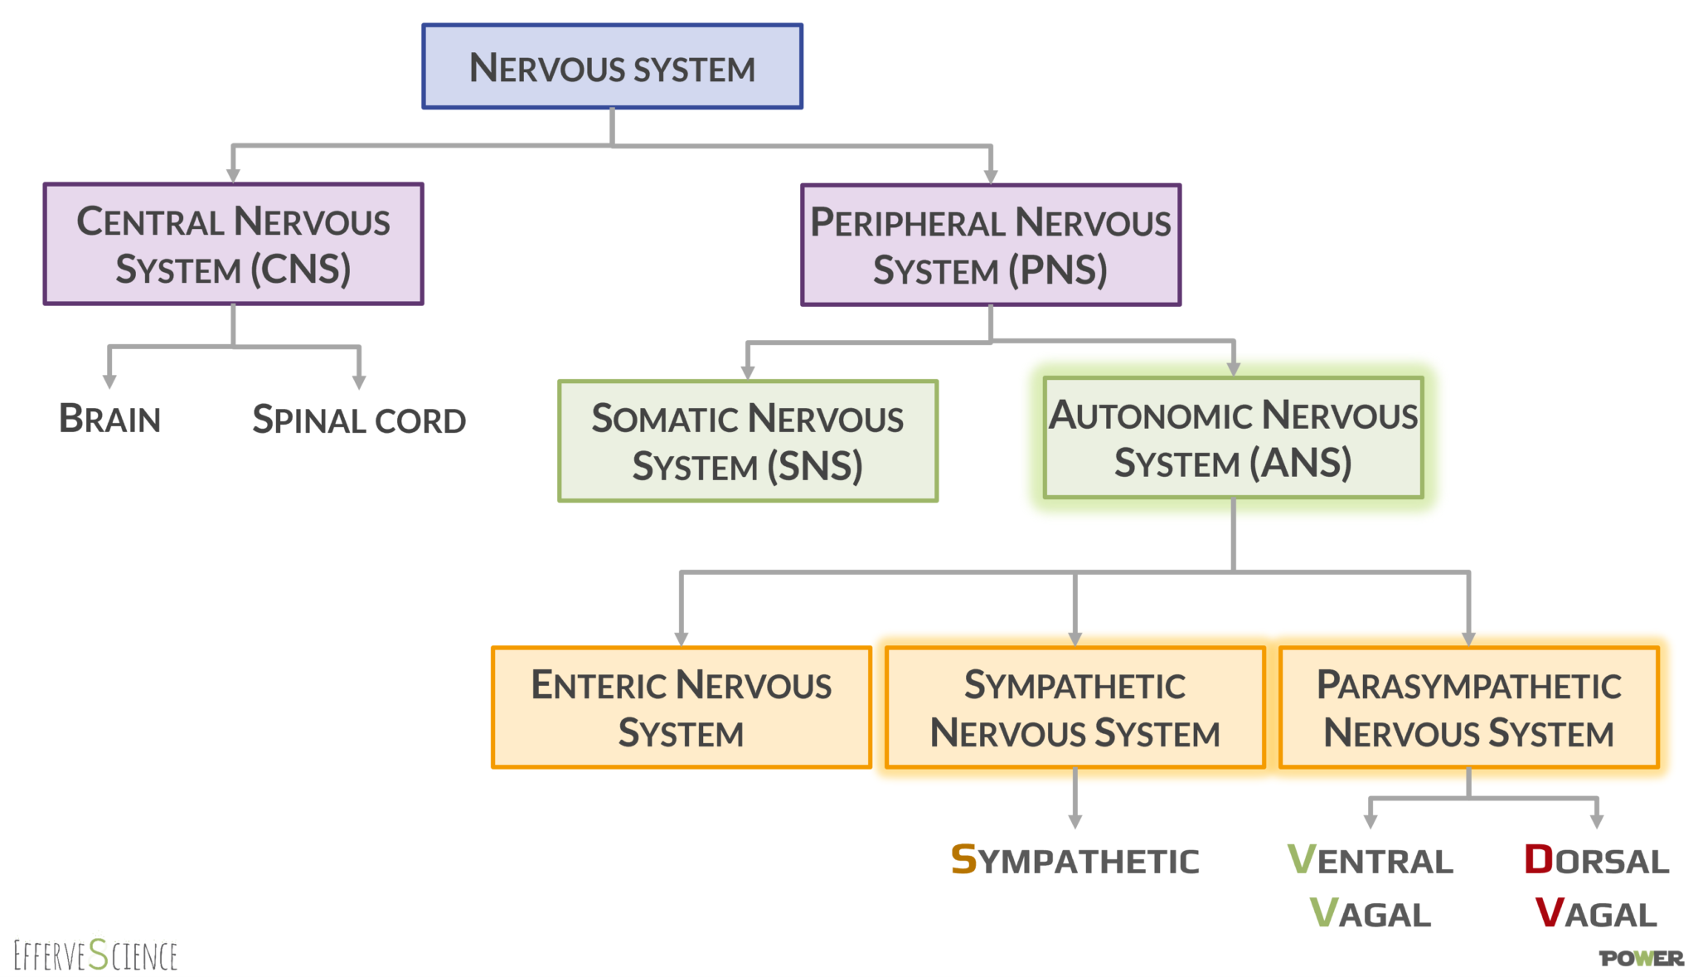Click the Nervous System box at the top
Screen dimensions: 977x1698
coord(612,66)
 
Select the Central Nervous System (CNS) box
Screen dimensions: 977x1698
coord(233,244)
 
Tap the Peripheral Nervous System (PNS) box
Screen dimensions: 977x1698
coord(990,245)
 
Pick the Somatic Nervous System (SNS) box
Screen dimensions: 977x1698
coord(747,440)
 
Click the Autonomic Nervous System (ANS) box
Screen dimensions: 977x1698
coord(1233,437)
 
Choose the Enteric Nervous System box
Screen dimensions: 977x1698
coord(681,707)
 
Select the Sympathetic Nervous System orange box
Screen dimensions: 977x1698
coord(1075,707)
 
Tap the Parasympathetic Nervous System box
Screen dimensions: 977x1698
coord(1468,707)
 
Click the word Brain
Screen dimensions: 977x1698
coord(109,419)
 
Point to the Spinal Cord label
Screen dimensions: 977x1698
coord(358,420)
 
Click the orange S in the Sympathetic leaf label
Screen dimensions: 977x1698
coord(963,859)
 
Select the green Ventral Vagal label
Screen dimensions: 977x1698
coord(1370,886)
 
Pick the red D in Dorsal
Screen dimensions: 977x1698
coord(1539,859)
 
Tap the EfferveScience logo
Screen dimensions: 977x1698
coord(95,955)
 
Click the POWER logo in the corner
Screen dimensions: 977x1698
coord(1641,958)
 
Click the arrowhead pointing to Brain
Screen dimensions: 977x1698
coord(109,382)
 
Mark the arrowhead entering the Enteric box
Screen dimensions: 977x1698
coord(682,639)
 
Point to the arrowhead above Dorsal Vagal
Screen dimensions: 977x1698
coord(1597,821)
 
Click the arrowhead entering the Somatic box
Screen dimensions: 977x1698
coord(748,373)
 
